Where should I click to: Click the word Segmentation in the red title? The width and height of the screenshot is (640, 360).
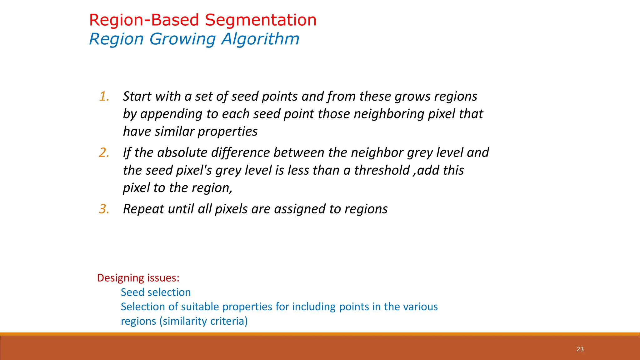pyautogui.click(x=261, y=20)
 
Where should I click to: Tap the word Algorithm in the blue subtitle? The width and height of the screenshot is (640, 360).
pyautogui.click(x=260, y=39)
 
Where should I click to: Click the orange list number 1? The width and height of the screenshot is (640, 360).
pyautogui.click(x=104, y=96)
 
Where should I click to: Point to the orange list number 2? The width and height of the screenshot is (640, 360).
pyautogui.click(x=104, y=152)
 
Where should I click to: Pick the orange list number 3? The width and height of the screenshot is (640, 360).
pyautogui.click(x=104, y=209)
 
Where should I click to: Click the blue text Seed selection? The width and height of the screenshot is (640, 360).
pyautogui.click(x=156, y=292)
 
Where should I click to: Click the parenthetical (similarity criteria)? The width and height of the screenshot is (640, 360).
pyautogui.click(x=203, y=321)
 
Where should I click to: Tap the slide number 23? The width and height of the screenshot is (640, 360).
pyautogui.click(x=580, y=349)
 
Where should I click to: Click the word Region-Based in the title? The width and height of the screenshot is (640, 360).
pyautogui.click(x=144, y=20)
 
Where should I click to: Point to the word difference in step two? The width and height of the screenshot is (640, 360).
pyautogui.click(x=240, y=152)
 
